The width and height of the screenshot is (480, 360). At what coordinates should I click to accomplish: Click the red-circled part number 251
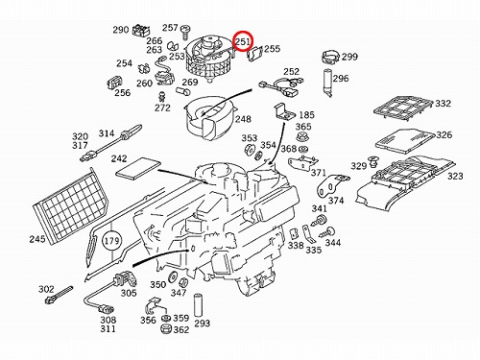243,41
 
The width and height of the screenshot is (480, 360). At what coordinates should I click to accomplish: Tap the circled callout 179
111,240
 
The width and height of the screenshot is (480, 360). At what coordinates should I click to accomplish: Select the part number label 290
120,30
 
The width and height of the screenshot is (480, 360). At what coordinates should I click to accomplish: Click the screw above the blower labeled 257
185,33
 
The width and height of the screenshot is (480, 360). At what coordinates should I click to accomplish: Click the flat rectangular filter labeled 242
138,168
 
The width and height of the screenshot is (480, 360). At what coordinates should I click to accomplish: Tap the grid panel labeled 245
71,205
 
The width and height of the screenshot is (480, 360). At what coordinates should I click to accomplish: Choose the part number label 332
443,104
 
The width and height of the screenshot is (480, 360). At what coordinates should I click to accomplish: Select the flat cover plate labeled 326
405,140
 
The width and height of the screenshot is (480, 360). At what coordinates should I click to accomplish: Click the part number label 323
455,176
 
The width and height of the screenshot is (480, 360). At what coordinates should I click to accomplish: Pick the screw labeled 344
328,232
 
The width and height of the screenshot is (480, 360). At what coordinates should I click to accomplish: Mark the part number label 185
306,114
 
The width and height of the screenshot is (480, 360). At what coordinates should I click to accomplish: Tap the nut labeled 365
302,137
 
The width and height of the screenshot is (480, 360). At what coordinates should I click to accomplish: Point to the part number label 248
243,119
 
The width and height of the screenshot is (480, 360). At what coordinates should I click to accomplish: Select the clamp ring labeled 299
330,58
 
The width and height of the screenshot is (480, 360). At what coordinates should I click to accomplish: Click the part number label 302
46,289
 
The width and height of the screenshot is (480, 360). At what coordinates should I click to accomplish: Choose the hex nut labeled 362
167,329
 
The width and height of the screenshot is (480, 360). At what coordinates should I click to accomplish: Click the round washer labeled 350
173,277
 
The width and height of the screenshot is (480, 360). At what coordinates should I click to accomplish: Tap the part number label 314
107,133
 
